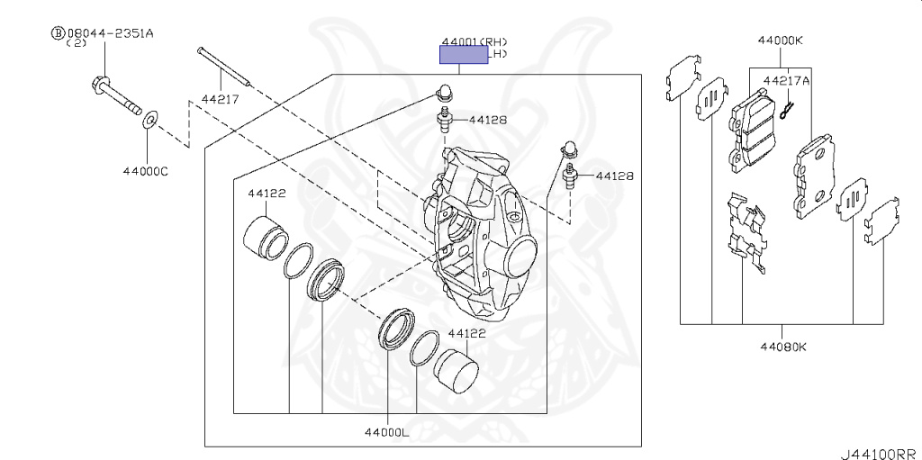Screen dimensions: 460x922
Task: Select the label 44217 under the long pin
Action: [x=220, y=99]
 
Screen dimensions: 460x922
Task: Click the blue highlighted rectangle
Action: [x=463, y=56]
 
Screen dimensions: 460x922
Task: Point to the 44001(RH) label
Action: [x=475, y=41]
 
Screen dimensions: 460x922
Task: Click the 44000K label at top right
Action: [x=781, y=41]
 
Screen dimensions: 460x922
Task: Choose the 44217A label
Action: [x=787, y=80]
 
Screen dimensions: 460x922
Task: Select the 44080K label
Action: [x=782, y=347]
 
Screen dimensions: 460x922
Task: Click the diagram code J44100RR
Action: [x=879, y=453]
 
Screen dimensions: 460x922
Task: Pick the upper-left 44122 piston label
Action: [x=267, y=193]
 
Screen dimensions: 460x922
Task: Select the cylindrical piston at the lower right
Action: [x=456, y=369]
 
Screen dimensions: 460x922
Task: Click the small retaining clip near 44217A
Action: [x=788, y=109]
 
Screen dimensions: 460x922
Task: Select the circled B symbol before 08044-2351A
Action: [x=59, y=33]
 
